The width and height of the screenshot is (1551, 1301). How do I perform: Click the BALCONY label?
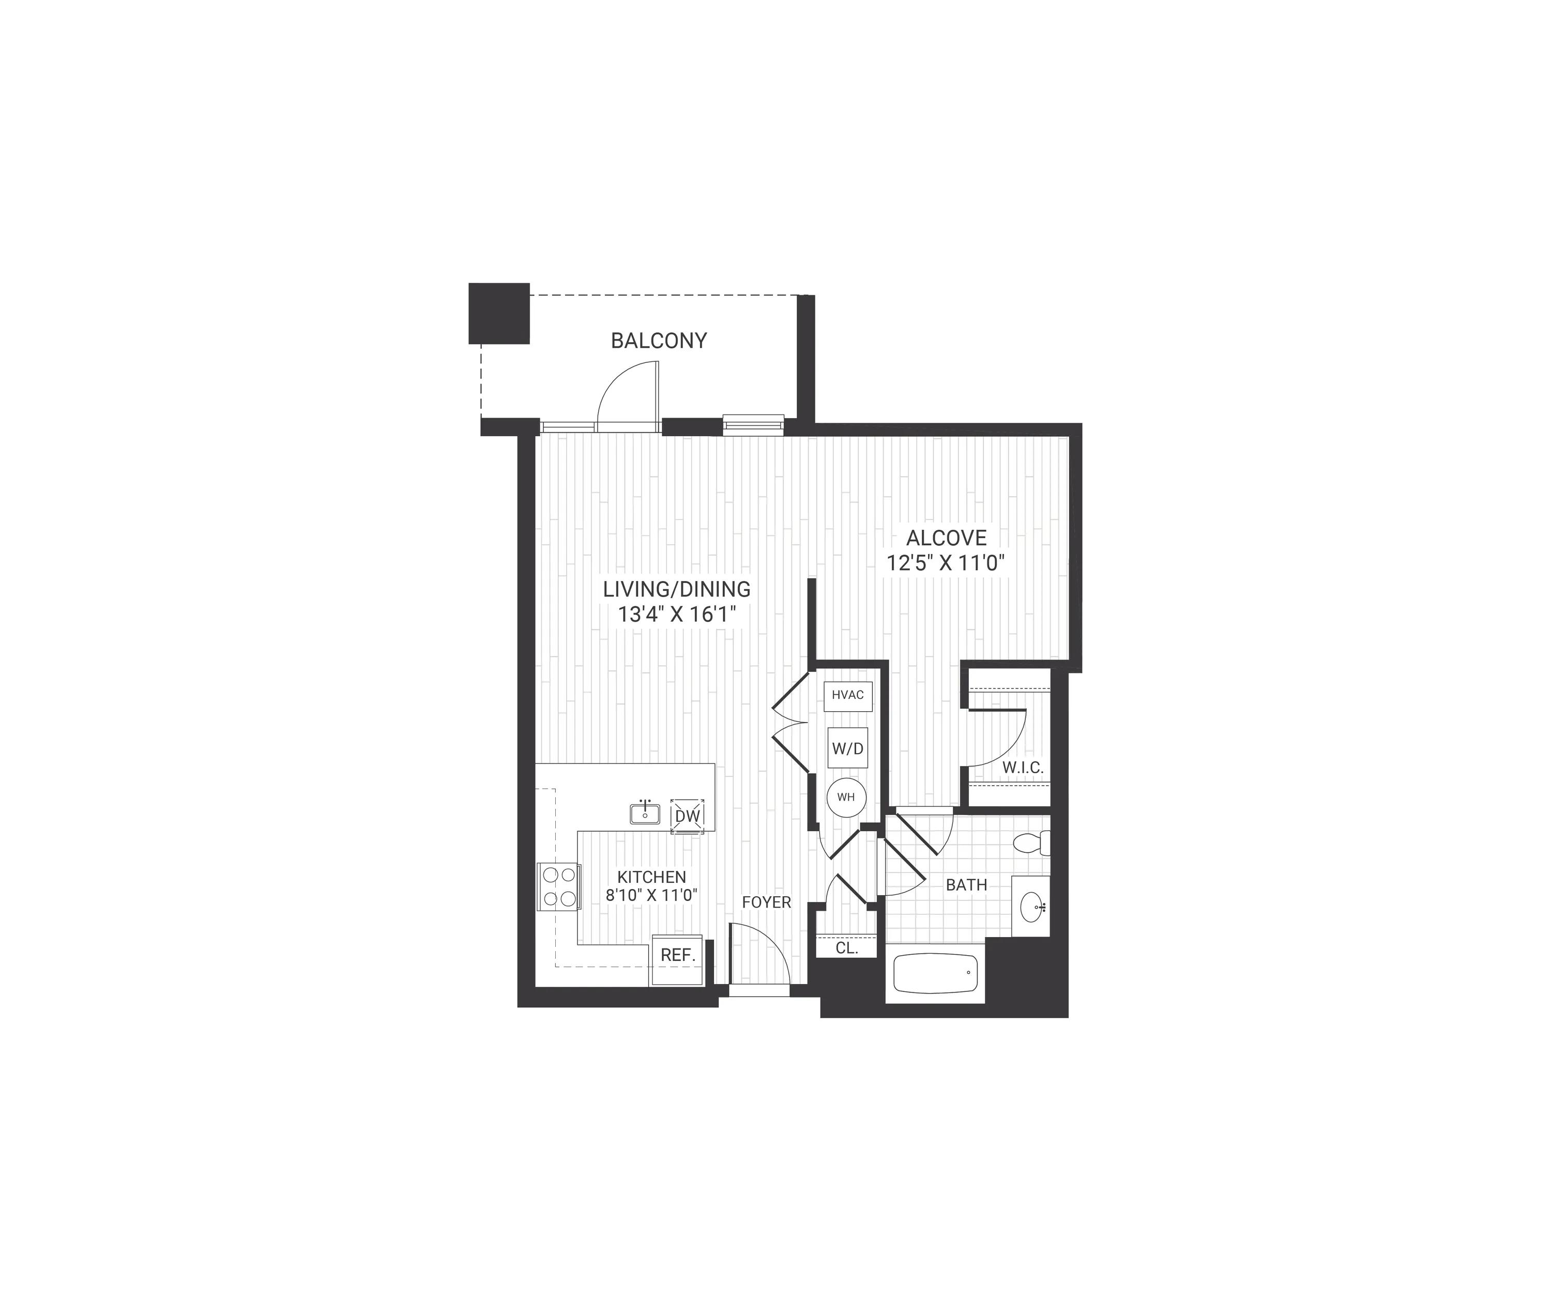coord(659,341)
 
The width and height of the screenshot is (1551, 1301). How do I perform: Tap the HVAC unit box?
coord(848,695)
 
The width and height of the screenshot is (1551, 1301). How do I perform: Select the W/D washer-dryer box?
coord(848,748)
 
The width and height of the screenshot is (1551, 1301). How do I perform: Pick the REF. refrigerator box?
coord(677,960)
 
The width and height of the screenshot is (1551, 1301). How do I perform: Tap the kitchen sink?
coord(645,813)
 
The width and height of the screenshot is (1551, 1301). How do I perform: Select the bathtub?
coord(935,974)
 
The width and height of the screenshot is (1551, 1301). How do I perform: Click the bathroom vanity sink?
coord(1032,906)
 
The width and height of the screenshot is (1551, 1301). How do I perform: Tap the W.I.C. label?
coord(1023,768)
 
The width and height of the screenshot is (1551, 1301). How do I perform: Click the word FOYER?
coord(767,902)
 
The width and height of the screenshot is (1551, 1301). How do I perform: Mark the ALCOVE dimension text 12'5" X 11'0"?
coord(946,563)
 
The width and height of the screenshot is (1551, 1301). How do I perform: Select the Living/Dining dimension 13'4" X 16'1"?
coord(678,615)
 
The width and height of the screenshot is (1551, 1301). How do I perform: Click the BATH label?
coord(966,884)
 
